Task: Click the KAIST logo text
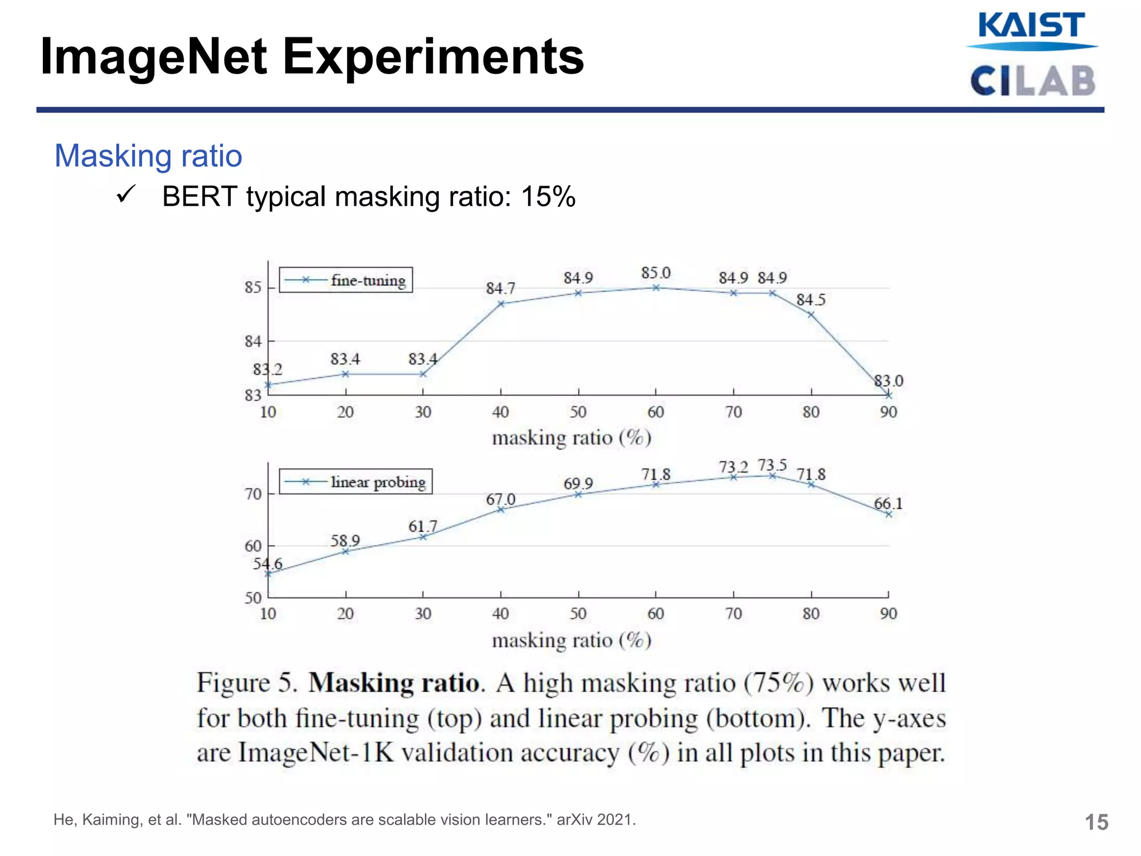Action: point(1031,26)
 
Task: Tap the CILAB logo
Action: point(1032,81)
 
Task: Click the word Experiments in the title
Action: point(433,57)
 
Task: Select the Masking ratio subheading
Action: point(148,155)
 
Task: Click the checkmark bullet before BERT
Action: point(126,194)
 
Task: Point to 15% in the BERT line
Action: point(548,197)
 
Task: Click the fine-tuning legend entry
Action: point(368,280)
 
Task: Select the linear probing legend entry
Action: point(378,482)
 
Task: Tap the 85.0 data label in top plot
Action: point(655,273)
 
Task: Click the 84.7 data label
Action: point(500,289)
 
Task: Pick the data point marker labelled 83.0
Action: point(889,395)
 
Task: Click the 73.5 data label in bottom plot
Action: point(772,465)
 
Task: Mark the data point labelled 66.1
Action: point(889,514)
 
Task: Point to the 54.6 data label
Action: point(267,563)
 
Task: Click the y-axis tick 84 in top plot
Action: point(252,341)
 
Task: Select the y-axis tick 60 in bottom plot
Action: point(252,546)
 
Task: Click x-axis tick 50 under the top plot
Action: point(578,412)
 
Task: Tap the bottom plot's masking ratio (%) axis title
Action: point(571,640)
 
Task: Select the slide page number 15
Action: point(1096,823)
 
